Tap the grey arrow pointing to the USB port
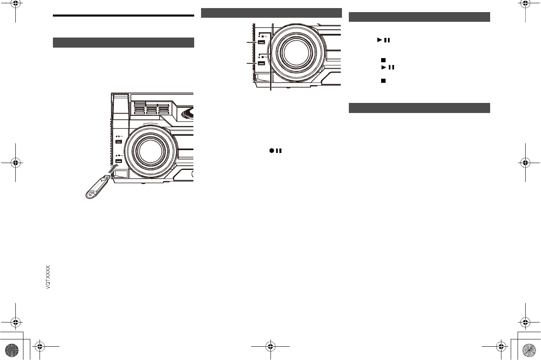pyautogui.click(x=113, y=168)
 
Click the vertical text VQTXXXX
pyautogui.click(x=48, y=277)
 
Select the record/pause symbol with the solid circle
pyautogui.click(x=275, y=151)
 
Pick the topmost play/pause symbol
pyautogui.click(x=384, y=40)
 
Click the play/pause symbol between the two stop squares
pyautogui.click(x=388, y=67)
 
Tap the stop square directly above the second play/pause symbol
pyautogui.click(x=383, y=60)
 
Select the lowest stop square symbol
pyautogui.click(x=383, y=81)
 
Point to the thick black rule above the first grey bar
pyautogui.click(x=124, y=15)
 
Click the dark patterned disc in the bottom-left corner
pyautogui.click(x=12, y=350)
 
